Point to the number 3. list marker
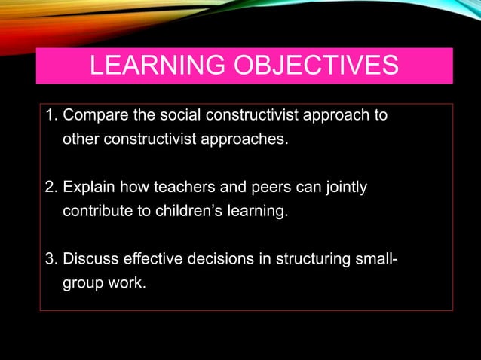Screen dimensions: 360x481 [52, 260]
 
